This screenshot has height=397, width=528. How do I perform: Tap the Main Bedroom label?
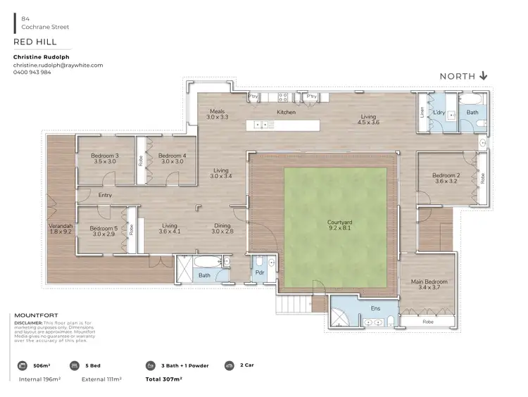point(429,282)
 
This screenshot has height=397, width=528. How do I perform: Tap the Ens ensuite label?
point(375,308)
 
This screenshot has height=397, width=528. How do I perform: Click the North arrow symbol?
point(484,76)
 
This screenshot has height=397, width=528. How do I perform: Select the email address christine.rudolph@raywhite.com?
point(58,65)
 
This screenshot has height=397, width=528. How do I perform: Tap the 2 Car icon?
point(229,366)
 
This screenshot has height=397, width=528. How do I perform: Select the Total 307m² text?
point(163,379)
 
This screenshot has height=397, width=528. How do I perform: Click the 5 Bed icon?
point(74,366)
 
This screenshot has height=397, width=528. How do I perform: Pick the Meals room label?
point(217,111)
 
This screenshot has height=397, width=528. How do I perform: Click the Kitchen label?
point(286,112)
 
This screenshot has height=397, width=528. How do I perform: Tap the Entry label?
point(105,195)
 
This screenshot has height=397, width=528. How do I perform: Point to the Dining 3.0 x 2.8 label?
point(222,227)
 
